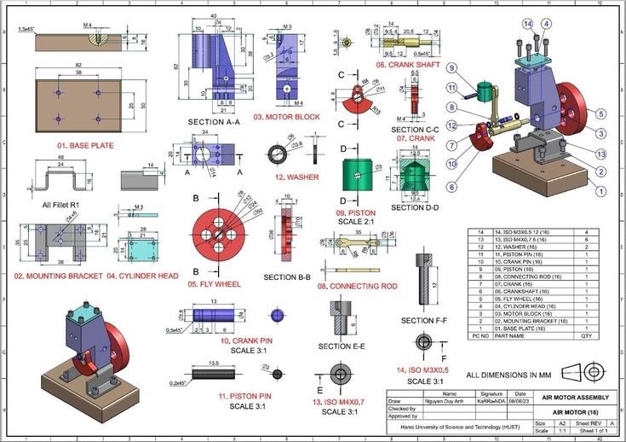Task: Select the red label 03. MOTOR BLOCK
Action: pyautogui.click(x=286, y=116)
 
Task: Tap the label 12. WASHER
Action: pyautogui.click(x=296, y=177)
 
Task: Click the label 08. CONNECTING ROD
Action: pyautogui.click(x=358, y=286)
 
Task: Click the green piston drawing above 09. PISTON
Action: pyautogui.click(x=358, y=173)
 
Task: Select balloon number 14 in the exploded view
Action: pyautogui.click(x=528, y=23)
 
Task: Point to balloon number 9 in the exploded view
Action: pyautogui.click(x=452, y=68)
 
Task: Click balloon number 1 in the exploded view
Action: pyautogui.click(x=600, y=191)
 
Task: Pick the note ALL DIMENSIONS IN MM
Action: pyautogui.click(x=508, y=375)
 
